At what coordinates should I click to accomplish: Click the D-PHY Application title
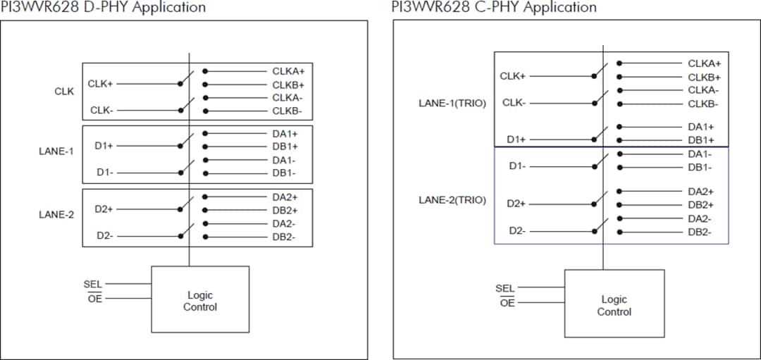104,8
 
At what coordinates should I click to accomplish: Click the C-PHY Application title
494,8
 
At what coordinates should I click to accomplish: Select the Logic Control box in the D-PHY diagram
200,300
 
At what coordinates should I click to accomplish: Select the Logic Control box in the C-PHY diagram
614,305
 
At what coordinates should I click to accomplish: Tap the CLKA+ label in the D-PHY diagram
288,71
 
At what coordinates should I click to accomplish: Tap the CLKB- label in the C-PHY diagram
703,104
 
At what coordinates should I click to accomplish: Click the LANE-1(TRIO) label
452,104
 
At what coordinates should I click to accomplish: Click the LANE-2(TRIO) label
452,200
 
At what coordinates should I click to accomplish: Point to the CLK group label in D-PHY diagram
64,92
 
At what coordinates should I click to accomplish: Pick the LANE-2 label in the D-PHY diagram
56,215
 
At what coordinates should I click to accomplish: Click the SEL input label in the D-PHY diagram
92,285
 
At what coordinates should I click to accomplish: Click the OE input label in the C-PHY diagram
507,303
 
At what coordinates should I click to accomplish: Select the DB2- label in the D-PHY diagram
284,237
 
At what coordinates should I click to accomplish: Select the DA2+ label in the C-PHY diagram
700,191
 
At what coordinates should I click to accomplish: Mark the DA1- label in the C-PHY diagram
700,154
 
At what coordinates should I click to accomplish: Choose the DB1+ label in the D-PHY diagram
285,147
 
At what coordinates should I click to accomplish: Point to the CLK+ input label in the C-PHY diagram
513,76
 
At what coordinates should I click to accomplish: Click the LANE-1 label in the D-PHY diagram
56,151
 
